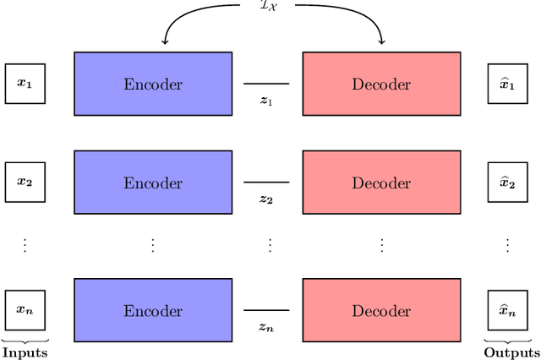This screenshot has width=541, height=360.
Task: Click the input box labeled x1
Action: click(x=25, y=84)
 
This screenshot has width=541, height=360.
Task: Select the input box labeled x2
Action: click(x=25, y=183)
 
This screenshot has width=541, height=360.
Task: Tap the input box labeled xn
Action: click(x=25, y=309)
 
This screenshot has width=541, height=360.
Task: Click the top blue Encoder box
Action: click(x=153, y=84)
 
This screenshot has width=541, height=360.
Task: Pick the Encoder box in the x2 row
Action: click(x=153, y=183)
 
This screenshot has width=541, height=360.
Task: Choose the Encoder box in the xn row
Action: click(x=153, y=309)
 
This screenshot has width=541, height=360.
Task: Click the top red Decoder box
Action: click(x=381, y=84)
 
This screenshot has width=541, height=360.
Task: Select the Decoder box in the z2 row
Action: click(x=381, y=183)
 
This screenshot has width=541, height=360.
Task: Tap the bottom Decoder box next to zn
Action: click(x=381, y=309)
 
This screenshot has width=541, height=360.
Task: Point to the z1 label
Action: click(x=266, y=100)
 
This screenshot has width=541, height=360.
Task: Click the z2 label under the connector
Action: click(x=266, y=199)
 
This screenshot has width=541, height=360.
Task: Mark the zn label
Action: click(x=266, y=326)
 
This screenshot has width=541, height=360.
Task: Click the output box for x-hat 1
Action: click(x=508, y=84)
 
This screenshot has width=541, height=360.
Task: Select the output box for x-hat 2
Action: click(x=508, y=183)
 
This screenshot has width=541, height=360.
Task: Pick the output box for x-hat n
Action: click(x=508, y=309)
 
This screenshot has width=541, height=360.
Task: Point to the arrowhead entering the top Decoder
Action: click(x=381, y=40)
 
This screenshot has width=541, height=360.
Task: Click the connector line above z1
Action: click(x=266, y=84)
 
